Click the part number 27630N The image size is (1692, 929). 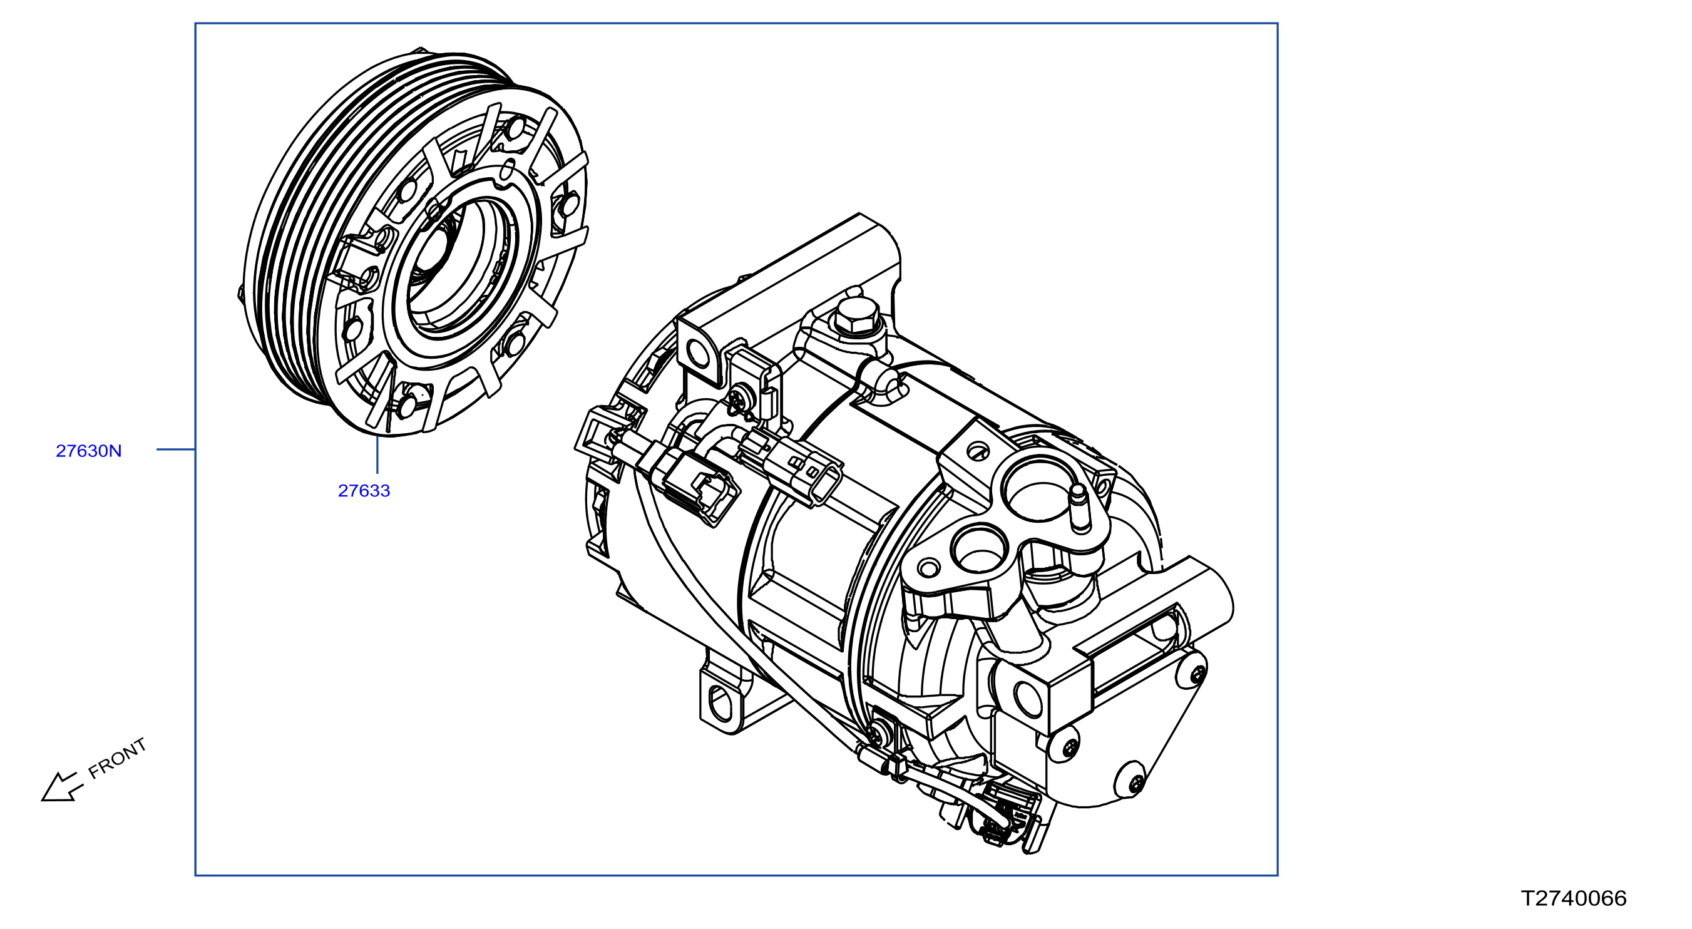[x=89, y=451]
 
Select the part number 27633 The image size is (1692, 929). [x=364, y=491]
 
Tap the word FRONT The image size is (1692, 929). [x=117, y=758]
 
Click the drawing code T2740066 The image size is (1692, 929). [x=1574, y=898]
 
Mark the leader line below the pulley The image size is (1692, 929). [x=377, y=454]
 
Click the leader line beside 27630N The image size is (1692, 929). [x=176, y=449]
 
